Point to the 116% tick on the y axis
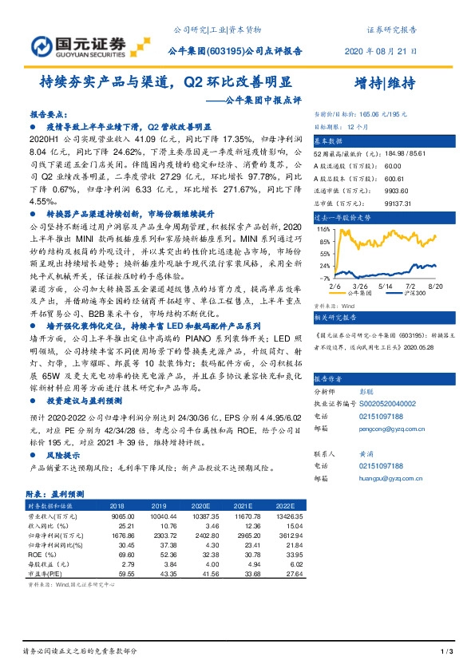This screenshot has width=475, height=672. click(x=324, y=228)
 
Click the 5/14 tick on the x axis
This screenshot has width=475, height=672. click(x=386, y=285)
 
